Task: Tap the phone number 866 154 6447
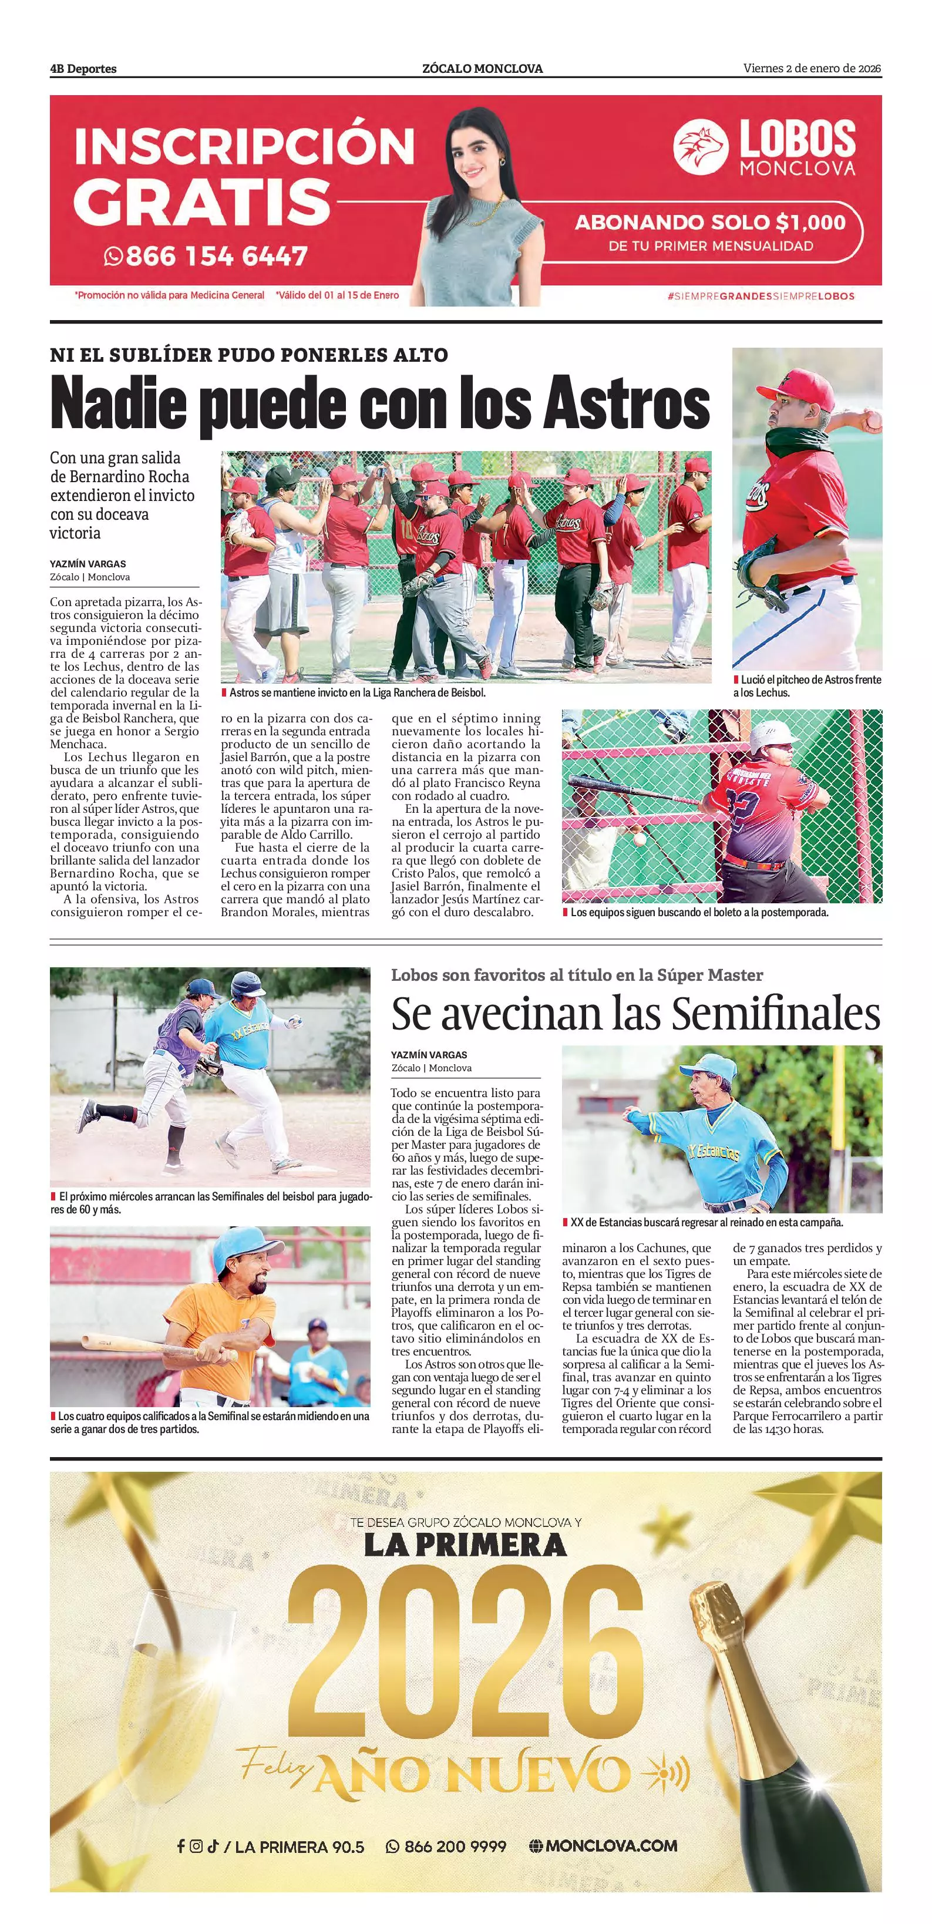click(x=216, y=256)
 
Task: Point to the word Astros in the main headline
click(x=626, y=403)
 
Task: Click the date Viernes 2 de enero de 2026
click(x=812, y=69)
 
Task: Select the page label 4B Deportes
click(x=83, y=69)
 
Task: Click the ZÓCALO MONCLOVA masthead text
click(x=482, y=69)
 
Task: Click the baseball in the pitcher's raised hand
click(x=872, y=423)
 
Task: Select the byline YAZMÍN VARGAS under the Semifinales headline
click(x=429, y=1055)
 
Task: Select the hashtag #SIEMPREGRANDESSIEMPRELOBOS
click(x=761, y=296)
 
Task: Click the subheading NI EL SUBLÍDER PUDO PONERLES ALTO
click(x=248, y=355)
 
